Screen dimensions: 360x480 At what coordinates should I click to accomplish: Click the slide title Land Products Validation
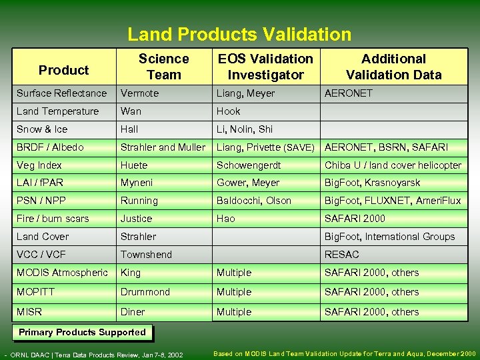[239, 34]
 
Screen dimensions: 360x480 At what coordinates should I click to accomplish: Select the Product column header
[63, 70]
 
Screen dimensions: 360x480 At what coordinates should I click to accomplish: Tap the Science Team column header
[163, 67]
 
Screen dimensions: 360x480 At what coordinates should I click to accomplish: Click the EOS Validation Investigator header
[265, 67]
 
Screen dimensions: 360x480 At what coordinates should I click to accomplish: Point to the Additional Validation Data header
[393, 67]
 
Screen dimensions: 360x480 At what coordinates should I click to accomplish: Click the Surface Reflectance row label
[61, 93]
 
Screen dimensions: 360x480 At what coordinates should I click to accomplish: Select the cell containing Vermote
[139, 93]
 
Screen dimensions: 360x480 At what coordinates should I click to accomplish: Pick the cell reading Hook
[228, 111]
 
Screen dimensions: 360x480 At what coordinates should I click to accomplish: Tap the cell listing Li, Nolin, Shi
[244, 129]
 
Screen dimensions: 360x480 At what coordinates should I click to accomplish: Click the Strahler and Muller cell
[163, 147]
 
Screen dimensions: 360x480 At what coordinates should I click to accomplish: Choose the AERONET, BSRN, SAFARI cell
[386, 147]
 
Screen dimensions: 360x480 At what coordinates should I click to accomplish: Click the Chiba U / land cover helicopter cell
[393, 165]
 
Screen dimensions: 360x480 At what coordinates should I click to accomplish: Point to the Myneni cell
[138, 183]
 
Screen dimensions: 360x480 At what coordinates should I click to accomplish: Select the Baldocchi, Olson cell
[253, 201]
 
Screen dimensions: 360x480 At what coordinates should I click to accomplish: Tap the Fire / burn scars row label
[53, 219]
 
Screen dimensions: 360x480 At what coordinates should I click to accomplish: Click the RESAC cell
[341, 255]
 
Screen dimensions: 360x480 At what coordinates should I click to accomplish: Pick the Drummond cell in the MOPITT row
[145, 292]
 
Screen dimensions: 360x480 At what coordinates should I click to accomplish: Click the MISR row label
[29, 312]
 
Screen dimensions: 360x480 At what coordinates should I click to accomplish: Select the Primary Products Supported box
[82, 333]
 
